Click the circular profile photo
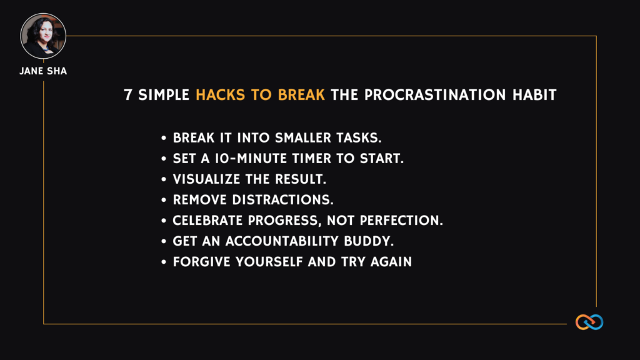[x=43, y=36]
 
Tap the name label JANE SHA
[x=43, y=71]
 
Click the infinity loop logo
[x=589, y=322]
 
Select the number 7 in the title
[x=128, y=95]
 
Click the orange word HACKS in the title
[x=221, y=95]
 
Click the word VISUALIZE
[x=206, y=179]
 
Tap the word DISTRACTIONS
[x=282, y=200]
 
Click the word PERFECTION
[x=401, y=221]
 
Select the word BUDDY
[x=369, y=241]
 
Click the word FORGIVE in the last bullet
[x=202, y=262]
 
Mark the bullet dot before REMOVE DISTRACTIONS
[x=164, y=200]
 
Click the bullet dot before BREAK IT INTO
[x=164, y=138]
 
